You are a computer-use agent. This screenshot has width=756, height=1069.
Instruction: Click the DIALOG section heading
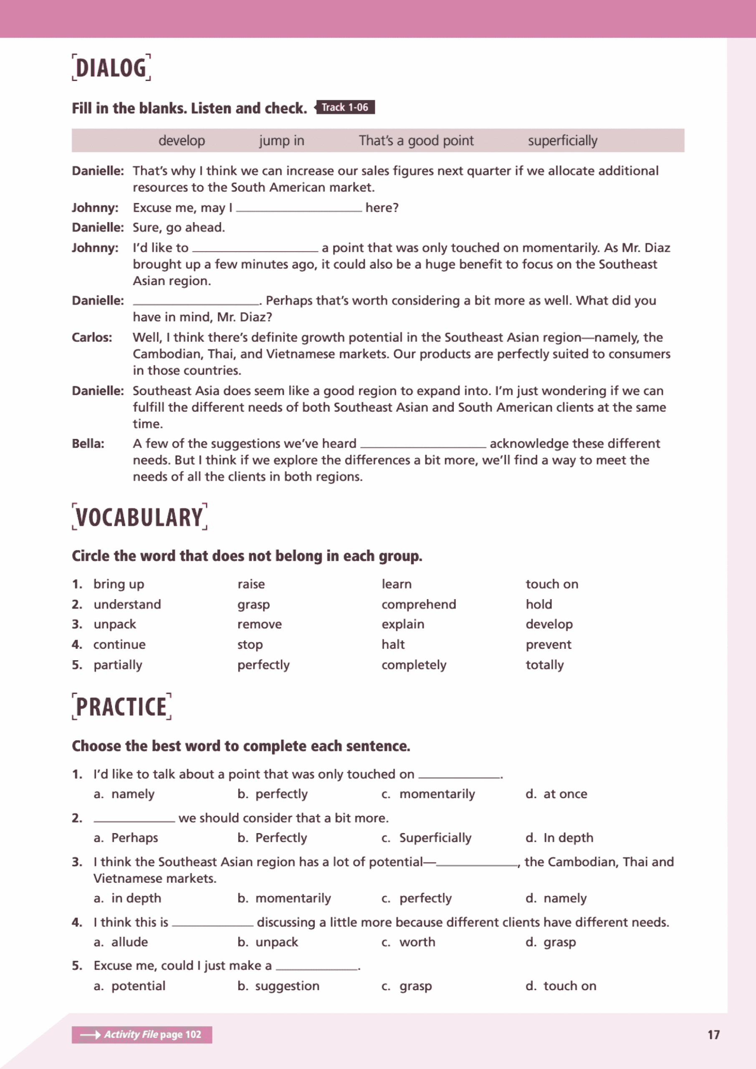(x=111, y=68)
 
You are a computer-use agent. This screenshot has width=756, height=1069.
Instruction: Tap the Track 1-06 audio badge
(x=345, y=108)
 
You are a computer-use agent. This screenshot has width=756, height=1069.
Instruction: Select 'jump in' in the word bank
(x=282, y=141)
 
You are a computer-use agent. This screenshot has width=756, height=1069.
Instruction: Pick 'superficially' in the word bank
(x=562, y=141)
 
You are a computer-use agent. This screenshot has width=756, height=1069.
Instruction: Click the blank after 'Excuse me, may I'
(x=299, y=208)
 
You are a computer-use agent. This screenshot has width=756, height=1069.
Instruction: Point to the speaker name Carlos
(x=92, y=337)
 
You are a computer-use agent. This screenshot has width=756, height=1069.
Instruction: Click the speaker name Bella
(x=88, y=444)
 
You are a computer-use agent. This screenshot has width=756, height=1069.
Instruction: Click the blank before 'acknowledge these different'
(x=423, y=444)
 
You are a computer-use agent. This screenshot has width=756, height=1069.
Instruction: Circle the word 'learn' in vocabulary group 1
(x=397, y=584)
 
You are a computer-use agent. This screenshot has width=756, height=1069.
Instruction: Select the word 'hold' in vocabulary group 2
(x=539, y=604)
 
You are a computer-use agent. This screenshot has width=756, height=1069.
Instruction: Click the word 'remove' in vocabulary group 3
(x=259, y=624)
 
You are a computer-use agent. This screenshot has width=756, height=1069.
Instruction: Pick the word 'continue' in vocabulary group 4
(x=120, y=645)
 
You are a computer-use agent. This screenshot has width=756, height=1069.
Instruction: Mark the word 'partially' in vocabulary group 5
(x=118, y=665)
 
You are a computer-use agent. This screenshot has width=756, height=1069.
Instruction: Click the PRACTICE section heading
(x=121, y=707)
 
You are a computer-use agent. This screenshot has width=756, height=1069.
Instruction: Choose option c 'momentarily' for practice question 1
(x=437, y=794)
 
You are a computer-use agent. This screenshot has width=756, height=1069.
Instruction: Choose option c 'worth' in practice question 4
(x=417, y=942)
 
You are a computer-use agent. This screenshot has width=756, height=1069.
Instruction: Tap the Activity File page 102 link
(x=142, y=1034)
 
